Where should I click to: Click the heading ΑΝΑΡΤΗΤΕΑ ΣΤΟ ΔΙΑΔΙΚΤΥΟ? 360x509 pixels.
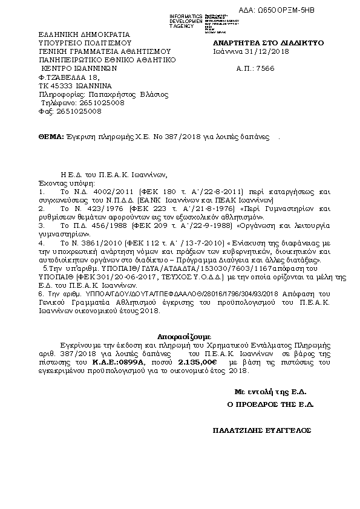click(264, 44)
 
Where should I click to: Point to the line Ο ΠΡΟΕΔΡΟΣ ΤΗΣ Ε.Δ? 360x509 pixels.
click(269, 404)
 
